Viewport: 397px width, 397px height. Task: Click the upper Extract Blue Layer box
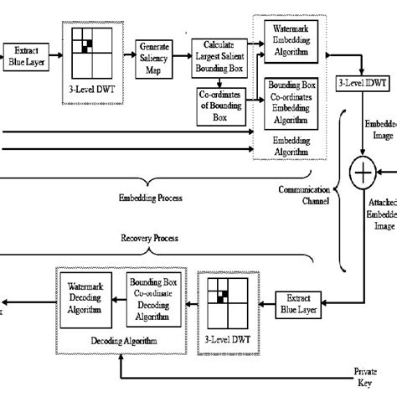[x=25, y=55]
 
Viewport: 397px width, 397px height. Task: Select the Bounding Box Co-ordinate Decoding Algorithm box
[x=153, y=296]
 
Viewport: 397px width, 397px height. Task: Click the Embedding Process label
[x=147, y=198]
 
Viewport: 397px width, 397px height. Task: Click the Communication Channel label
[x=307, y=195]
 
